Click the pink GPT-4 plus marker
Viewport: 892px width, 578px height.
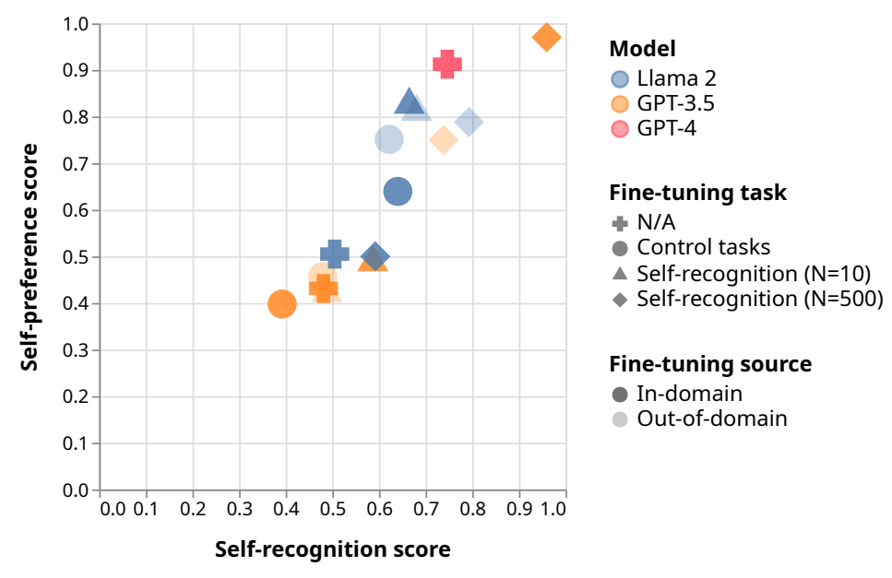tap(447, 64)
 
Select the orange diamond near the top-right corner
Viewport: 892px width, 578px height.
tap(547, 38)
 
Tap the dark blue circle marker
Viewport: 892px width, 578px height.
tap(398, 192)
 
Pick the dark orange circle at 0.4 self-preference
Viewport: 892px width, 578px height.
tap(281, 304)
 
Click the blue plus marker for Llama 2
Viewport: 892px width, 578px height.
tap(335, 254)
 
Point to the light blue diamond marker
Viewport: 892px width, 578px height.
tap(469, 122)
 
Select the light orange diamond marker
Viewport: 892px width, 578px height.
tap(444, 140)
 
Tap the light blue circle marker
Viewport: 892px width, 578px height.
tap(389, 139)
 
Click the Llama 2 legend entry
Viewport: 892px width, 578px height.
tap(664, 78)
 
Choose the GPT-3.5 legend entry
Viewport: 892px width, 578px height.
tap(662, 103)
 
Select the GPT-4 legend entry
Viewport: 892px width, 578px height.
tap(654, 128)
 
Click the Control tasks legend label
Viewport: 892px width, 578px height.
tap(703, 247)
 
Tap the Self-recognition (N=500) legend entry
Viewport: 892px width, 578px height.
tap(747, 299)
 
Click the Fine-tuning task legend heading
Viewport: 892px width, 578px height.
tap(698, 193)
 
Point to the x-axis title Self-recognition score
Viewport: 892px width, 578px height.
tap(333, 549)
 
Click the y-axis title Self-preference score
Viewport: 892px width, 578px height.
tap(29, 257)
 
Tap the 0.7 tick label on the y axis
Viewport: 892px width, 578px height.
tap(76, 164)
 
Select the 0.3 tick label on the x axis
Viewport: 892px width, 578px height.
tap(240, 509)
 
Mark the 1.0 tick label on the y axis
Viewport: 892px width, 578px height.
tap(76, 25)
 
